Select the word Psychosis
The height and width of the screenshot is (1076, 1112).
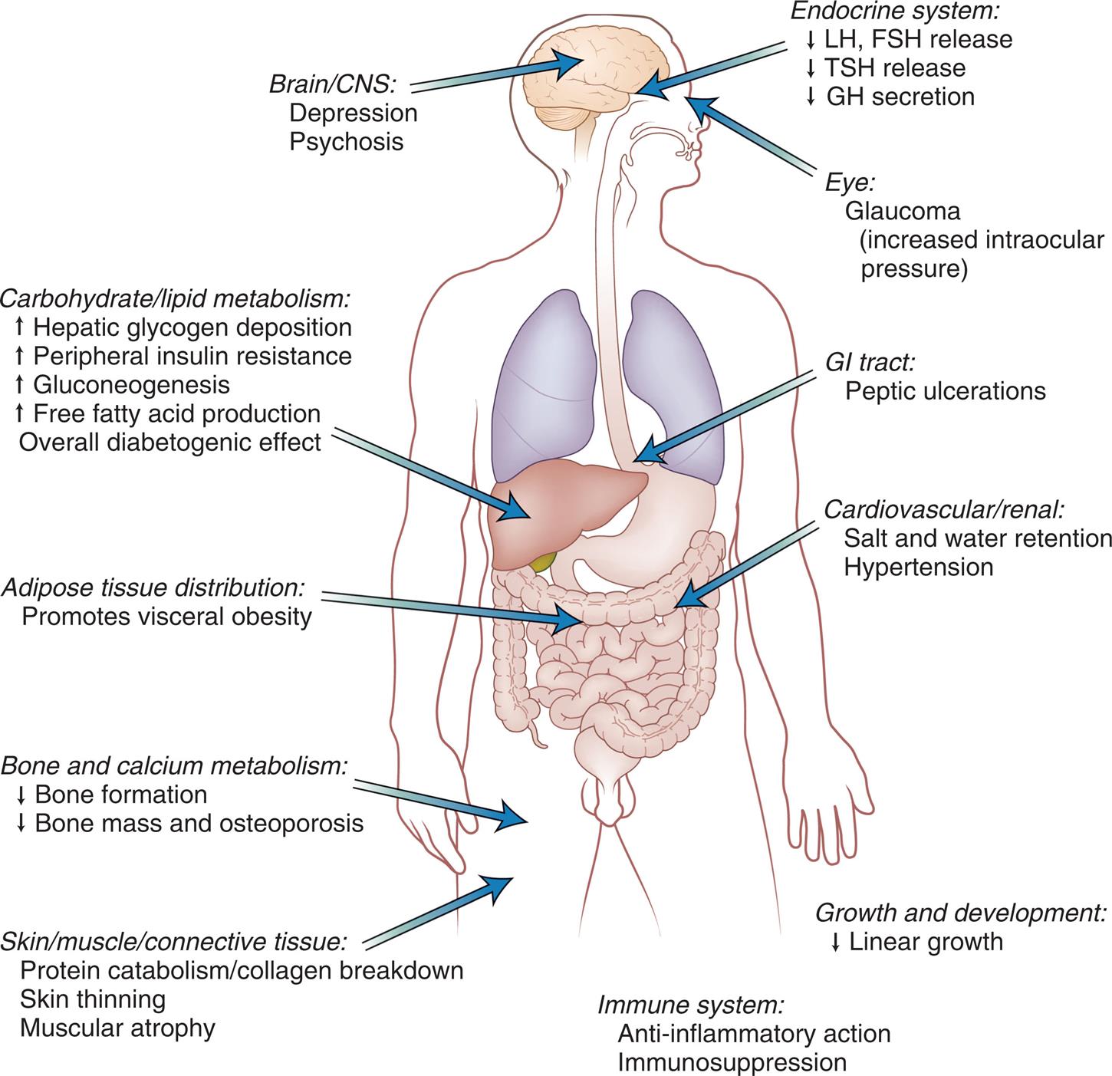[x=346, y=142]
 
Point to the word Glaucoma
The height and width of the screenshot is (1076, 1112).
[x=902, y=210]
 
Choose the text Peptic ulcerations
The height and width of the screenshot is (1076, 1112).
[x=945, y=391]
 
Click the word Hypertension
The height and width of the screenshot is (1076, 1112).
[x=918, y=567]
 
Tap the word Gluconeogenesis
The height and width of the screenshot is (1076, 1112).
[x=131, y=384]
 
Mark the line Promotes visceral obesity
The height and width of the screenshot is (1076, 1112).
[x=166, y=617]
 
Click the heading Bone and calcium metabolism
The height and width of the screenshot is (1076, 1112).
[x=174, y=765]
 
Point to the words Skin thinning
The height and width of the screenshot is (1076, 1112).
[x=93, y=999]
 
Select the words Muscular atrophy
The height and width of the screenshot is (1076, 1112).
[x=117, y=1028]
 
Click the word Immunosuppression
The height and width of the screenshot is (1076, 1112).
[x=732, y=1063]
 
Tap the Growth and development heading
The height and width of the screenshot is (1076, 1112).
[x=961, y=913]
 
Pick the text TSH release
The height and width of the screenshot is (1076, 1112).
[x=894, y=67]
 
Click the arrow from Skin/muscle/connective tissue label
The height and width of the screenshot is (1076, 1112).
[x=437, y=913]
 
